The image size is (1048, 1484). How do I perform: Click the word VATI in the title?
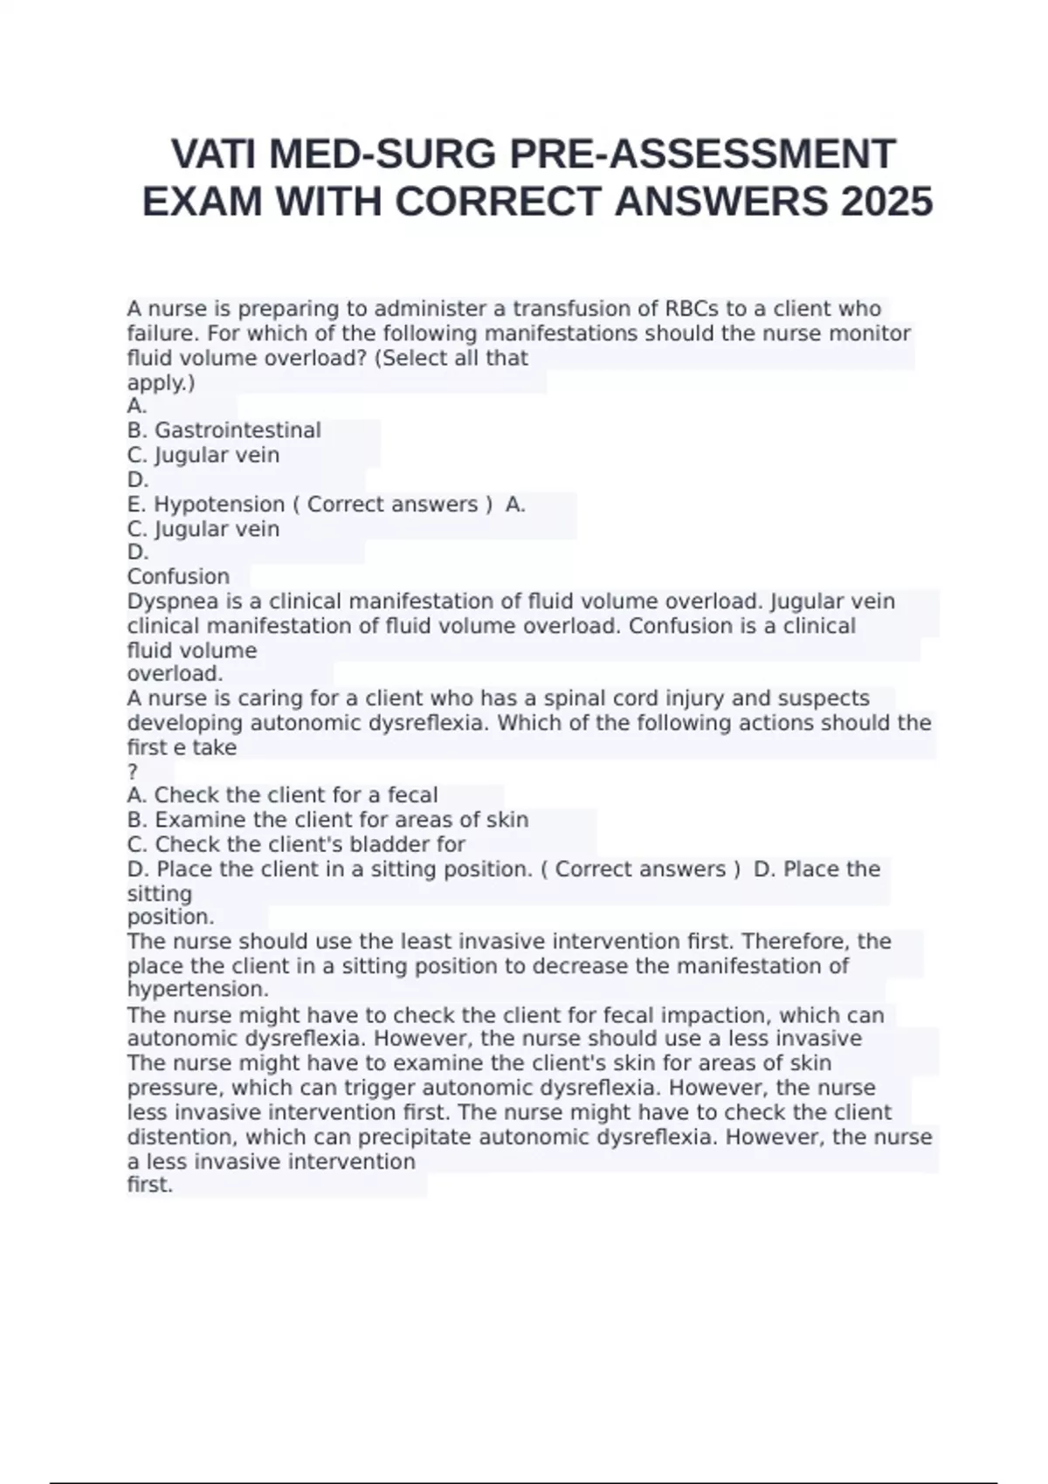215,155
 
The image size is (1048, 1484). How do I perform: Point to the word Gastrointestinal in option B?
238,430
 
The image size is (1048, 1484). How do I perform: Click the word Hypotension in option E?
219,505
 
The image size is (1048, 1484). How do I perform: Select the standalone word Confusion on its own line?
178,577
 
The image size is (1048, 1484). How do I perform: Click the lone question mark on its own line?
133,772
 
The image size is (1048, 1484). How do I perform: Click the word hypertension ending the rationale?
197,990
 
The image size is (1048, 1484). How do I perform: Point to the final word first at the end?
149,1185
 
